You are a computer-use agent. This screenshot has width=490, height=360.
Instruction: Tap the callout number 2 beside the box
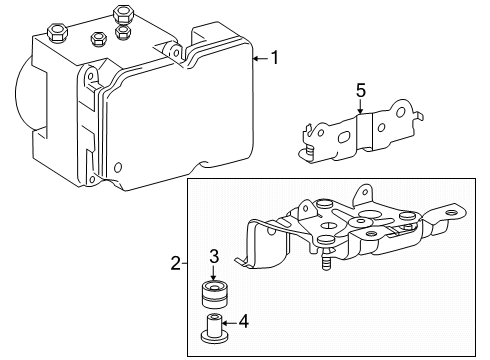tap(176, 265)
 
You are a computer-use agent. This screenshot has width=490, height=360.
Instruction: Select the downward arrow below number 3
tap(212, 274)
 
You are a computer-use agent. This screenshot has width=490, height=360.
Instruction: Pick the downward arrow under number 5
tap(360, 112)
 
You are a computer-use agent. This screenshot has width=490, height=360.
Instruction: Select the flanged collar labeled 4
tap(212, 327)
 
